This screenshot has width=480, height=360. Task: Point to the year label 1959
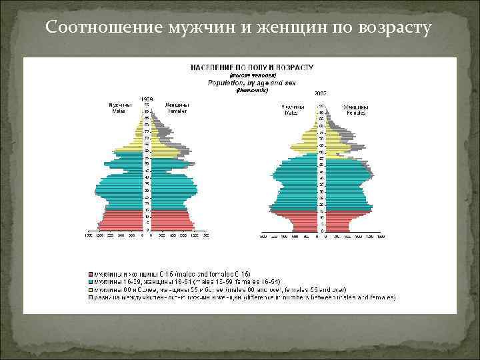click(146, 99)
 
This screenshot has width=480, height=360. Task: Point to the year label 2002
click(321, 93)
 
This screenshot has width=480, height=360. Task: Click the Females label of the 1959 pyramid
click(177, 108)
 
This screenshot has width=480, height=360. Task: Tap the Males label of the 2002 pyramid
click(293, 109)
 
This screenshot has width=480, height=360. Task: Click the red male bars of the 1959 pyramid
click(123, 220)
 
